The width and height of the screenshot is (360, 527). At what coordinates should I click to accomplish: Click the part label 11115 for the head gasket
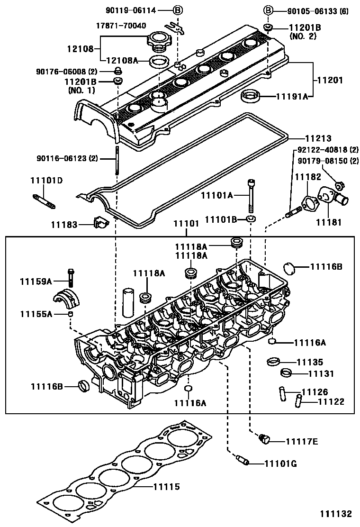tap(166, 487)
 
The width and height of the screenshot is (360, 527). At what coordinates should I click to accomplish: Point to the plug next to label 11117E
tap(264, 440)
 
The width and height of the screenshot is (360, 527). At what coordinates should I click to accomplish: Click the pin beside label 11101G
tap(242, 461)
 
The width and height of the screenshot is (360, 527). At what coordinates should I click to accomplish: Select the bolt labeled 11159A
tap(72, 277)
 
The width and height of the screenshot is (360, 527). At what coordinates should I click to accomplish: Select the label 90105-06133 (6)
tap(318, 10)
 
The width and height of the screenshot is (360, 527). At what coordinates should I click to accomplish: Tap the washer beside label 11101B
tap(251, 219)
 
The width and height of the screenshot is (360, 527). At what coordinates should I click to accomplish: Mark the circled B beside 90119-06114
tap(177, 10)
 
